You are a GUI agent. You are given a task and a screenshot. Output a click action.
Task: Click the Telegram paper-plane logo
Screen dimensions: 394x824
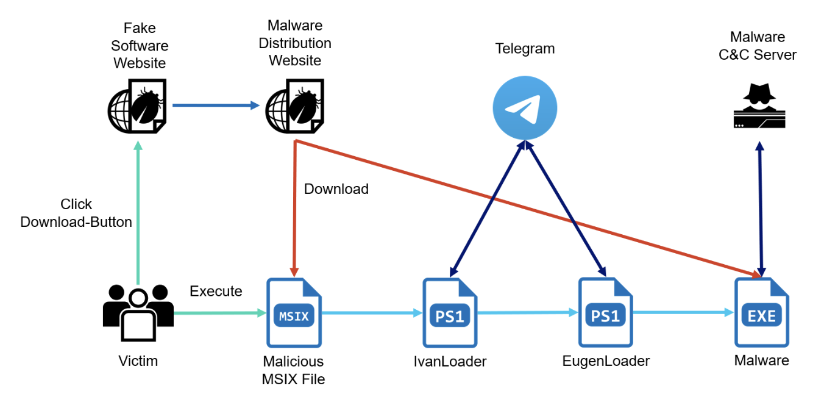click(x=525, y=108)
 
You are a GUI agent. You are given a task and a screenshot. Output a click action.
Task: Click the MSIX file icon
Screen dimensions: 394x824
click(x=294, y=313)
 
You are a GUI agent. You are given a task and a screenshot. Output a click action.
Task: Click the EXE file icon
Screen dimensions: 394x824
click(x=762, y=313)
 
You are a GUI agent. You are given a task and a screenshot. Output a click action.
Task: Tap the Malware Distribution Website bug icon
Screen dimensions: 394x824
click(x=295, y=106)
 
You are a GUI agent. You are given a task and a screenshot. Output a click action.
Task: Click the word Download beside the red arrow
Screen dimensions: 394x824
click(x=336, y=189)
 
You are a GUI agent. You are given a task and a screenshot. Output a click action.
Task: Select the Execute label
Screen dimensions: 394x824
click(x=216, y=291)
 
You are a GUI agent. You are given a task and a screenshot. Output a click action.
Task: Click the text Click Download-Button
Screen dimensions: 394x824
click(x=76, y=213)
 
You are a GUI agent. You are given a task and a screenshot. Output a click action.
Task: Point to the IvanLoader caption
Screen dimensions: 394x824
click(x=450, y=361)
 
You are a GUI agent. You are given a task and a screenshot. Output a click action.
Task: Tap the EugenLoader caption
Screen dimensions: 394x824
click(x=606, y=361)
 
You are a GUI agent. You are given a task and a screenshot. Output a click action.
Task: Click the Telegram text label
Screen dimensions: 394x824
click(x=525, y=49)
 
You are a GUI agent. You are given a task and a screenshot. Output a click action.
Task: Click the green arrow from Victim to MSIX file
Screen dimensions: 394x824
click(x=219, y=313)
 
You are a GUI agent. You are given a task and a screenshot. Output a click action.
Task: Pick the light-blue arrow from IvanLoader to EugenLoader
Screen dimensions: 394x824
click(x=528, y=313)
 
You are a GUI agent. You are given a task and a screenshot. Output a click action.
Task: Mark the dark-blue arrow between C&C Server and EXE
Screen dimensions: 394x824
click(x=760, y=207)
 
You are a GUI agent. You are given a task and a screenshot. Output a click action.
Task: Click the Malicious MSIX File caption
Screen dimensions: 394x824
click(x=293, y=370)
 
